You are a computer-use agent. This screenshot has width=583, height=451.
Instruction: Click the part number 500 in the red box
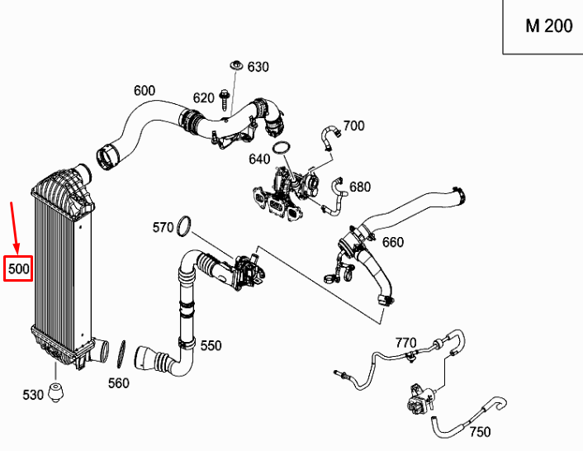point(18,268)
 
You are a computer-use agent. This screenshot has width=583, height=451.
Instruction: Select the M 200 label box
point(548,26)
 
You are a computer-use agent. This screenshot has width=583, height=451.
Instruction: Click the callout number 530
point(33,396)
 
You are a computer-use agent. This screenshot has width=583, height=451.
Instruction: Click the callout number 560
point(120,382)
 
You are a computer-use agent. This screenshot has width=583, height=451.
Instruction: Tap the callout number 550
point(211,345)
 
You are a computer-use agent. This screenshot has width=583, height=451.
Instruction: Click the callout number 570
point(163,226)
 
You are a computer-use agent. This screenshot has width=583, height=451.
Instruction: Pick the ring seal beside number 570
point(185,224)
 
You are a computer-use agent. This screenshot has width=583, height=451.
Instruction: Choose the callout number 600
point(144,90)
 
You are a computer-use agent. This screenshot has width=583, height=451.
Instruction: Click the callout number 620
point(203,98)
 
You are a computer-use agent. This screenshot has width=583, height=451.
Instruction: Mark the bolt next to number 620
point(225,99)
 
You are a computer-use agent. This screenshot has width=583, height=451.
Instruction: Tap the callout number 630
point(258,66)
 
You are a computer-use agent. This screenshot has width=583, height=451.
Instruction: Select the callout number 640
point(258,159)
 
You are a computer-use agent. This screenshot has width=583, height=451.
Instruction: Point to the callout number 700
point(353,126)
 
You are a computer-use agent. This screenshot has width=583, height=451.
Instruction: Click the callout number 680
point(360,187)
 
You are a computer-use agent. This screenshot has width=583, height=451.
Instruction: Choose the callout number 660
point(393,242)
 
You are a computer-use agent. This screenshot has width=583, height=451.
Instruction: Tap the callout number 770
point(405,342)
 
